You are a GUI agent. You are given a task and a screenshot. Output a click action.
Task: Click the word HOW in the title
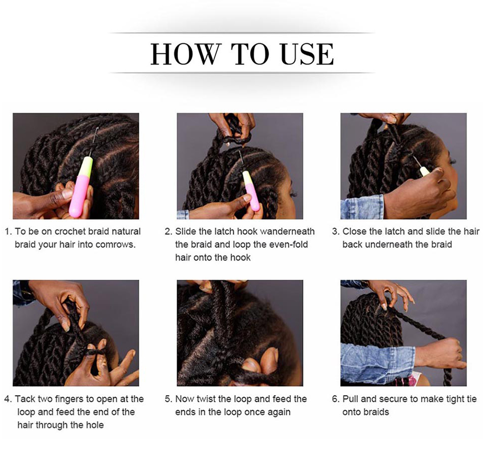tap(186, 54)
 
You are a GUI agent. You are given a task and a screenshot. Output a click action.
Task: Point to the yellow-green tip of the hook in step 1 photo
tap(86, 167)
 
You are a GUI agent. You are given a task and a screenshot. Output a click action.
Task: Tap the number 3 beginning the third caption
tap(335, 232)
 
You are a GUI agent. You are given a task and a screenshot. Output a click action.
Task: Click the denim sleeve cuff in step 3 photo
tap(362, 207)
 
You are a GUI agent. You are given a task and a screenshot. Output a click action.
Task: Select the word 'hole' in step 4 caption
tap(95, 425)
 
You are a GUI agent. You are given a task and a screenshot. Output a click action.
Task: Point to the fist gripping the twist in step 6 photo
tap(446, 351)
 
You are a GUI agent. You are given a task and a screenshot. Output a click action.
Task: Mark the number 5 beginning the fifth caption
tap(168, 399)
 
